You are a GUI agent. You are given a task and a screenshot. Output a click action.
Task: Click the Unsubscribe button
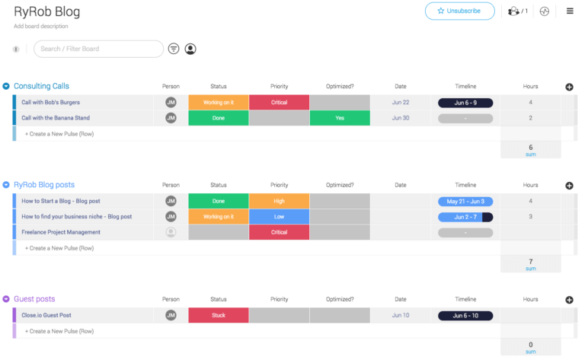click(x=459, y=11)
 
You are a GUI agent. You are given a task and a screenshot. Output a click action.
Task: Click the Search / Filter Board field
click(x=99, y=49)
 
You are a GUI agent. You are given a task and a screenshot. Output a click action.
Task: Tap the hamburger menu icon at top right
click(x=570, y=11)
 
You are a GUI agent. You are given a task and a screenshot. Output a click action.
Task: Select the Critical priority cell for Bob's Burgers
click(x=279, y=102)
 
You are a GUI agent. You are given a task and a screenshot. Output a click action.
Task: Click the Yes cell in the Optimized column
click(x=340, y=118)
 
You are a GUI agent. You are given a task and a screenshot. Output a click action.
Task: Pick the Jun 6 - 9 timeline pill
click(x=465, y=102)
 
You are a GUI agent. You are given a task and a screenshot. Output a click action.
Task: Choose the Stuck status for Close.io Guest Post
click(x=218, y=315)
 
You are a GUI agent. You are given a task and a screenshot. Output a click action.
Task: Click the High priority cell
click(x=279, y=201)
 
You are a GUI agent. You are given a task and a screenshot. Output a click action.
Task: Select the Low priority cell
click(x=279, y=216)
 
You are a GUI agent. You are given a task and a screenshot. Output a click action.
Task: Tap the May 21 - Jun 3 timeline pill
click(x=465, y=201)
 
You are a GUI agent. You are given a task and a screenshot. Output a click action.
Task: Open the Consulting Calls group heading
click(x=41, y=86)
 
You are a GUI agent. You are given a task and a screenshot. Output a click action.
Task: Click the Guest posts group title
click(x=34, y=299)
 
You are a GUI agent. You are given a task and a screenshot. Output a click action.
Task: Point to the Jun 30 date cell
click(x=401, y=118)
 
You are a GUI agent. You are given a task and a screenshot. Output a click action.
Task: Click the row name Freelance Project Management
click(x=61, y=232)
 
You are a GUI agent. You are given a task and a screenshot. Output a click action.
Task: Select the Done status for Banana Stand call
click(x=218, y=118)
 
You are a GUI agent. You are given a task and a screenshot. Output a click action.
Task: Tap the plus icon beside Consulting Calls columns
click(x=569, y=87)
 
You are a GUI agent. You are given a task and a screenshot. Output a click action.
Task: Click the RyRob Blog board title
click(x=46, y=12)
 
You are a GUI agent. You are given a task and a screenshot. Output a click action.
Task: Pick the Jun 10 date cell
click(x=401, y=315)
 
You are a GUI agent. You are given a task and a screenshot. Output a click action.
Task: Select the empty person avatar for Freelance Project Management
click(x=171, y=232)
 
